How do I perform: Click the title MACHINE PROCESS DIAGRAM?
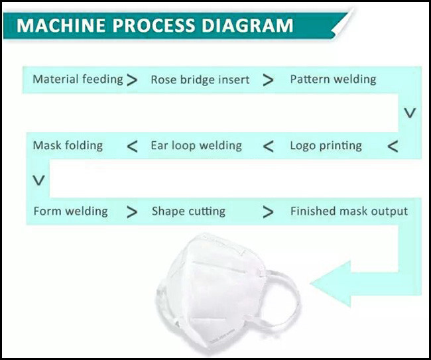click(154, 26)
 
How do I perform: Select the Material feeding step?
click(78, 80)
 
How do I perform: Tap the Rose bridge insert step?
click(200, 80)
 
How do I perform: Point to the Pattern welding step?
click(333, 80)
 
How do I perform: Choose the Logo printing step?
click(326, 146)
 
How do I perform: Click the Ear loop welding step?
click(196, 146)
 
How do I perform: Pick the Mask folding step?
click(68, 146)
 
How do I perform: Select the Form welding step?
click(70, 211)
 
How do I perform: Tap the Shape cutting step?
click(188, 212)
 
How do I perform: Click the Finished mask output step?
click(349, 211)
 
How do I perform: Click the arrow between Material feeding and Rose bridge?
click(133, 80)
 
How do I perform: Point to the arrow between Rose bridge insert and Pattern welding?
click(268, 80)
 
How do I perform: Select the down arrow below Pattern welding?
click(410, 113)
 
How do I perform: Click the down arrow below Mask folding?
click(39, 180)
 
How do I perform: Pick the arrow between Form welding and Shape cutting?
click(133, 212)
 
